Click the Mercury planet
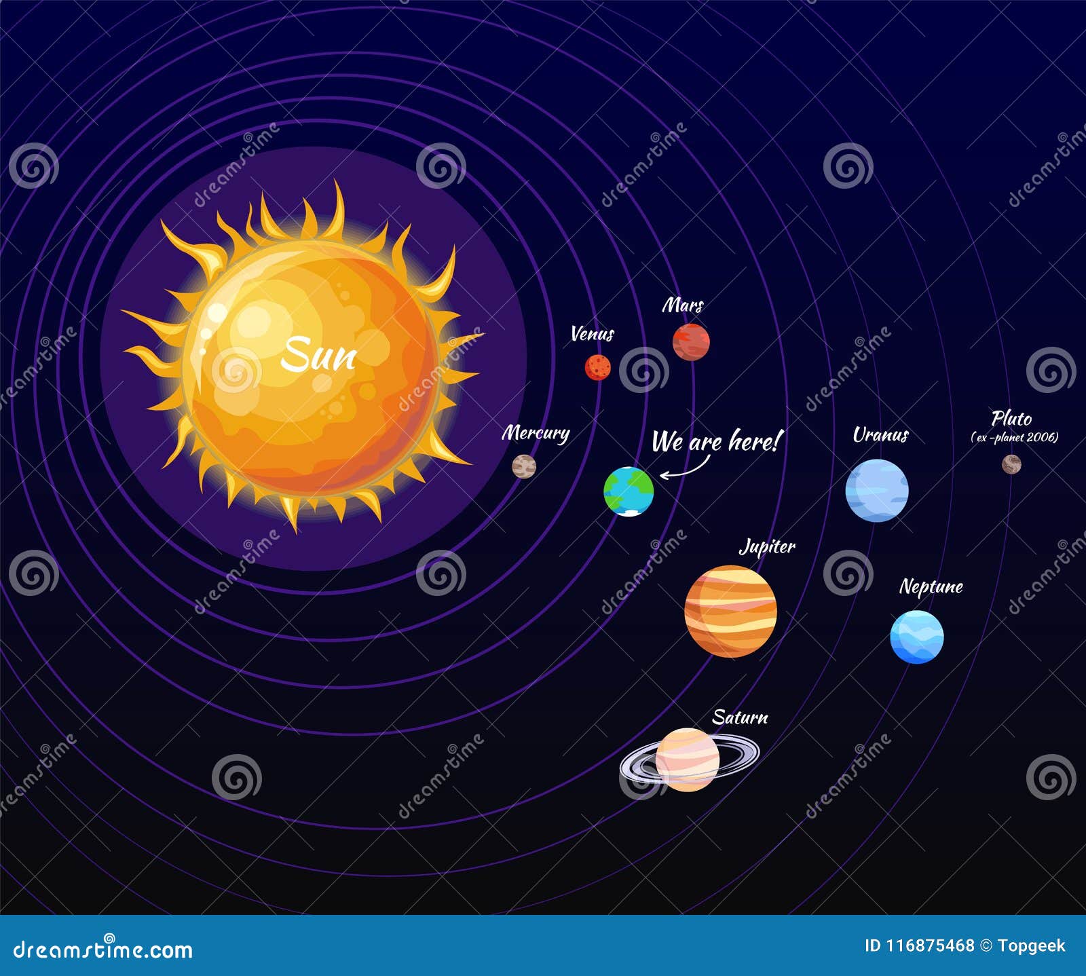coord(524,466)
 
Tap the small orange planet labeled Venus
coord(597,367)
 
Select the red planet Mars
coord(691,341)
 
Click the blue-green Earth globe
coord(629,491)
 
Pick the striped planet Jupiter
coord(730,611)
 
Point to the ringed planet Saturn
coord(687,759)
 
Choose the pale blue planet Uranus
coord(876,490)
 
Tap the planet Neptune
coord(916,637)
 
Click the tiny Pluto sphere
coord(1011,464)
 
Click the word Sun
coord(318,354)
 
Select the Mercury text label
coord(536,433)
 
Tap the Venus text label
coord(592,334)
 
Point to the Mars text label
coord(683,305)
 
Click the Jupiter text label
coord(767,547)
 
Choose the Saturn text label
coord(740,717)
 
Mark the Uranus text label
coord(880,435)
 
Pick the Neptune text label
coord(931,586)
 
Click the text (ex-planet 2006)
coord(1015,438)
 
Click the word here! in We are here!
coord(753,442)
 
